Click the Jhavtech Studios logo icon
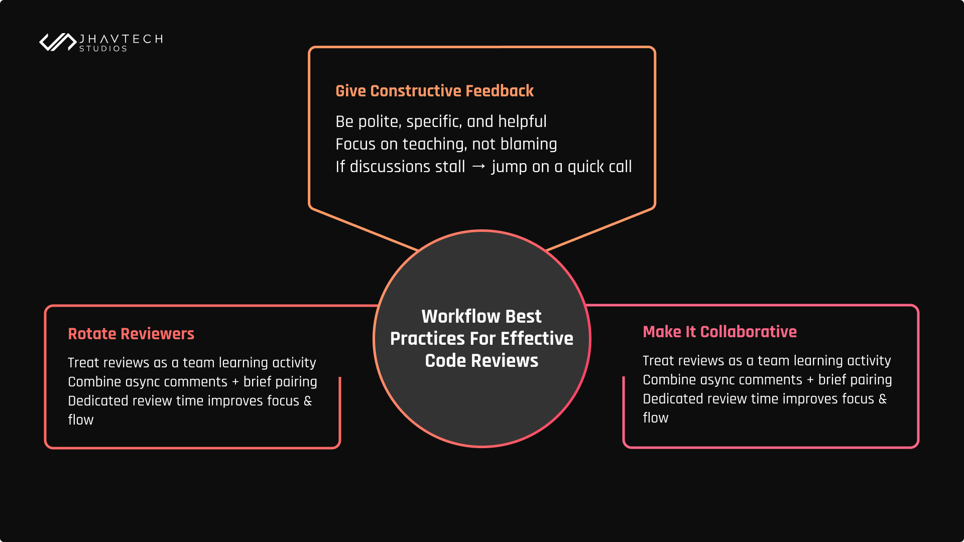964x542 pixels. click(57, 42)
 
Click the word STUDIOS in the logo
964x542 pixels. click(103, 49)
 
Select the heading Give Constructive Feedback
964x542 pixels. click(434, 91)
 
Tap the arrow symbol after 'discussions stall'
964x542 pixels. click(478, 167)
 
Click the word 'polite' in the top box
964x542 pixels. click(379, 121)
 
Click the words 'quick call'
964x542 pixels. click(599, 167)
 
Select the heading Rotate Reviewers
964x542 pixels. click(131, 334)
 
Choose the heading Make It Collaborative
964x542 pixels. click(719, 332)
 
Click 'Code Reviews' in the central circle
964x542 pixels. click(481, 361)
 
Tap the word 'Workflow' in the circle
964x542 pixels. click(454, 317)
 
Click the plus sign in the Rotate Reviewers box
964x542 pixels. click(235, 382)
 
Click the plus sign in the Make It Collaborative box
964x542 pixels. click(810, 380)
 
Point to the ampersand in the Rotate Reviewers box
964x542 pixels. click(307, 401)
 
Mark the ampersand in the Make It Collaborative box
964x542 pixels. click(882, 399)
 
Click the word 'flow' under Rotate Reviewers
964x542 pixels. click(81, 420)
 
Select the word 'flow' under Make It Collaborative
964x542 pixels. click(655, 418)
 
